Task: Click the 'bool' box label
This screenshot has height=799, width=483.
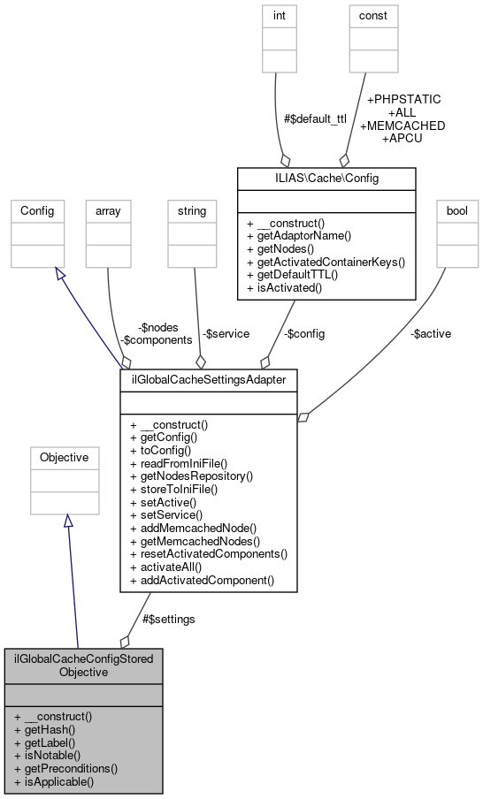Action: click(x=456, y=210)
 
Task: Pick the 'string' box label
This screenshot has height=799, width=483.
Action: click(x=192, y=210)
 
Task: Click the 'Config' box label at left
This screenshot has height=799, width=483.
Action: click(x=37, y=210)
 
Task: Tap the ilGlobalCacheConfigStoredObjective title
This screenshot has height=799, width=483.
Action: click(x=84, y=665)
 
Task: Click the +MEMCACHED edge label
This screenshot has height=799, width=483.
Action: click(x=402, y=126)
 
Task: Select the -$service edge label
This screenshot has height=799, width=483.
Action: click(x=226, y=333)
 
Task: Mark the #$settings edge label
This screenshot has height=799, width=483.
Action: click(x=169, y=619)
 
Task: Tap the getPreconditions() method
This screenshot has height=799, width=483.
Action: click(x=66, y=768)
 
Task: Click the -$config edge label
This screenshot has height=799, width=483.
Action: click(x=303, y=333)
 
